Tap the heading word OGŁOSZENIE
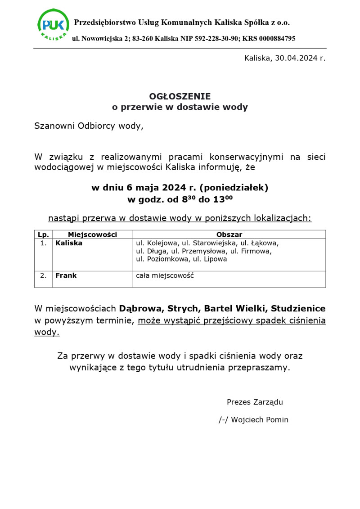coord(180,96)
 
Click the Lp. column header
coord(43,234)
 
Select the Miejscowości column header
coord(92,234)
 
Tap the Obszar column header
coord(229,234)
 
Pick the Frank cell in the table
coord(66,275)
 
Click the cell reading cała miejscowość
coord(165,275)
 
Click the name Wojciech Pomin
coord(260,420)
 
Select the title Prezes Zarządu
coord(255,402)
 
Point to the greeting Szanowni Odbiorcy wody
coord(89,126)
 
